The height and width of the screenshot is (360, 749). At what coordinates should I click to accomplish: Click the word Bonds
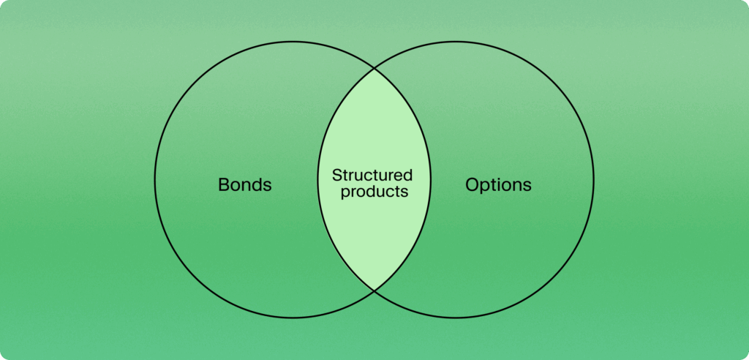point(244,184)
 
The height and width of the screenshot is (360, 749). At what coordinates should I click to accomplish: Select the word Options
point(498,184)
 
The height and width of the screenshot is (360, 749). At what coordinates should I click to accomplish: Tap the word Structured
point(372,176)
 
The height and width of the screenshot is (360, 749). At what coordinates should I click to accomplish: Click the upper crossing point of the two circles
point(374,69)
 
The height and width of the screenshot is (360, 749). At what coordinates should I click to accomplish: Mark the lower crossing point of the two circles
point(374,290)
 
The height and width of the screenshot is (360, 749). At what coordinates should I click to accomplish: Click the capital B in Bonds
point(223,184)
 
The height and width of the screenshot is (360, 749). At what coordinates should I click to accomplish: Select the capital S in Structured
point(336,176)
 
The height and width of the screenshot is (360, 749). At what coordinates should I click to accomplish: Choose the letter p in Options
point(485,186)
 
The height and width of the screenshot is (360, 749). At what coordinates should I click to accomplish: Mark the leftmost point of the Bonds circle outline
point(155,179)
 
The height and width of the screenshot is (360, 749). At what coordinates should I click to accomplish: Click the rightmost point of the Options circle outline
point(594,179)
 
